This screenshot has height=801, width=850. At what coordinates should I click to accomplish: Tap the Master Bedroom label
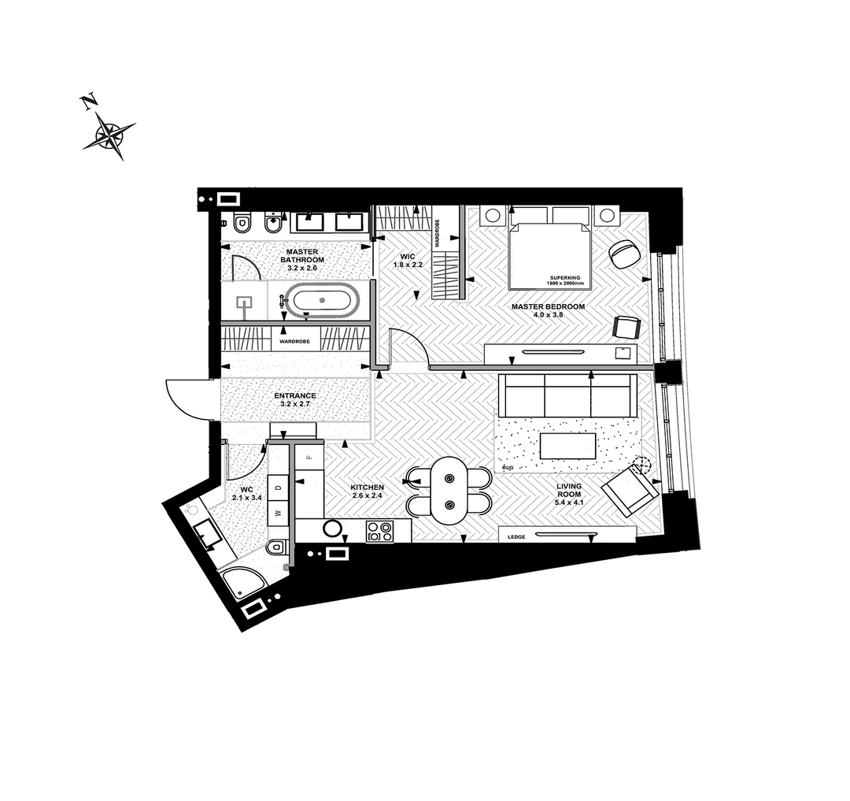tap(548, 310)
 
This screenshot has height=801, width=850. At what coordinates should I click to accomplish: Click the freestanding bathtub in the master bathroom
tap(321, 300)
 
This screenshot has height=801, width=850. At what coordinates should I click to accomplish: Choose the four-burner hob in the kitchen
tap(379, 531)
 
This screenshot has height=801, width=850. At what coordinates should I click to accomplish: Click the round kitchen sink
tap(332, 528)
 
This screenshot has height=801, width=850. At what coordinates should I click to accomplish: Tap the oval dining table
tap(449, 491)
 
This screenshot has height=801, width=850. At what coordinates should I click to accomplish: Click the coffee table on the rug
tap(567, 446)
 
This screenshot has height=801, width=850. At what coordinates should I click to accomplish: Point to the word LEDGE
tap(516, 537)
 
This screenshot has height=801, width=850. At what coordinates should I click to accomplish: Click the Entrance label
tap(294, 399)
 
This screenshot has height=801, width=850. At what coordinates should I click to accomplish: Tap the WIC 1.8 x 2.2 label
tap(408, 261)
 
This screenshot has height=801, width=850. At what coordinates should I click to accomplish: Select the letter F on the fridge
tap(309, 457)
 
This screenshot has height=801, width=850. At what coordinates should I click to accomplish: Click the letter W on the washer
tap(279, 513)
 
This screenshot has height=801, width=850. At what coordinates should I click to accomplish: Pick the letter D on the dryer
tap(279, 488)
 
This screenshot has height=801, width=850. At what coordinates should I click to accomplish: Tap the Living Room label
tap(569, 494)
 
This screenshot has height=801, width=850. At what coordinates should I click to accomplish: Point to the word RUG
tap(508, 467)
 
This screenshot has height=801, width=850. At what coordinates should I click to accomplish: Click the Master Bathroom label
tap(302, 260)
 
